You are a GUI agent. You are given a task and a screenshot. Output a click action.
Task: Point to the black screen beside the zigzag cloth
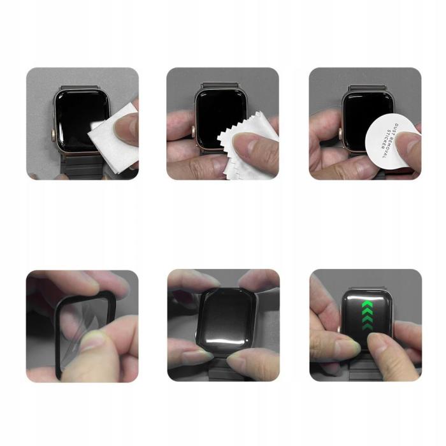[x=213, y=111]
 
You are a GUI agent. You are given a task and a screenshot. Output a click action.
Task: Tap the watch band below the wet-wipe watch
[x=80, y=169]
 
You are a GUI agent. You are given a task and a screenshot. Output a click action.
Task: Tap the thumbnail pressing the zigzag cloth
[x=245, y=140]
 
